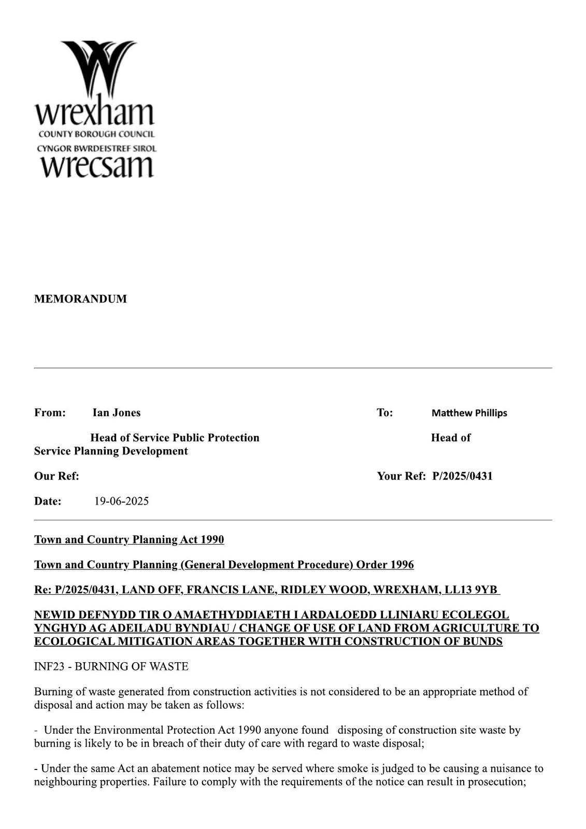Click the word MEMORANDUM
click(80, 299)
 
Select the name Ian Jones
click(117, 412)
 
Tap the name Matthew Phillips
click(469, 413)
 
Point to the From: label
click(50, 412)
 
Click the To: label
click(384, 412)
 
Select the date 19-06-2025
click(121, 501)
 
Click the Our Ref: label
click(56, 476)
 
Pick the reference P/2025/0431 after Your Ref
click(462, 476)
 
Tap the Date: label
click(48, 501)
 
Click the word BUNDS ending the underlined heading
click(483, 641)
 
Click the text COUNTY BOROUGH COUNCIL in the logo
click(96, 134)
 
